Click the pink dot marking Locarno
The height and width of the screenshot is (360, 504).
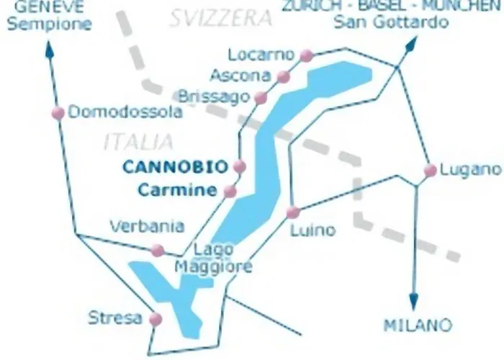(x=307, y=55)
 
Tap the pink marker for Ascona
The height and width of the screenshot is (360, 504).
(x=284, y=76)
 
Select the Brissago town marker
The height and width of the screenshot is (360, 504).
(x=261, y=97)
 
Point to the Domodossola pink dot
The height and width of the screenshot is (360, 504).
(x=58, y=112)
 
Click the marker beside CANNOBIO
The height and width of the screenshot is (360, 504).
(x=240, y=166)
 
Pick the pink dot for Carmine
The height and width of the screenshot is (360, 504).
(x=230, y=191)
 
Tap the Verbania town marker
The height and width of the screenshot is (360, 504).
(x=157, y=251)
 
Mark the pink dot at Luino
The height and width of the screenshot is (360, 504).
(x=292, y=212)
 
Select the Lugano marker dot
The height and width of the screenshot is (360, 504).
(x=430, y=171)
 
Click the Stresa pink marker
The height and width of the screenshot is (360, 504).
(x=153, y=318)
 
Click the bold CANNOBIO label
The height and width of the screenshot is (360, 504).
(x=175, y=166)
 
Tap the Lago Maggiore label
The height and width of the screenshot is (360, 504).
(x=213, y=258)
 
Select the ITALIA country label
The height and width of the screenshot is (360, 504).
(x=138, y=141)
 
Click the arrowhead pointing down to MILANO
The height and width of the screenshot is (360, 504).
(x=413, y=301)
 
